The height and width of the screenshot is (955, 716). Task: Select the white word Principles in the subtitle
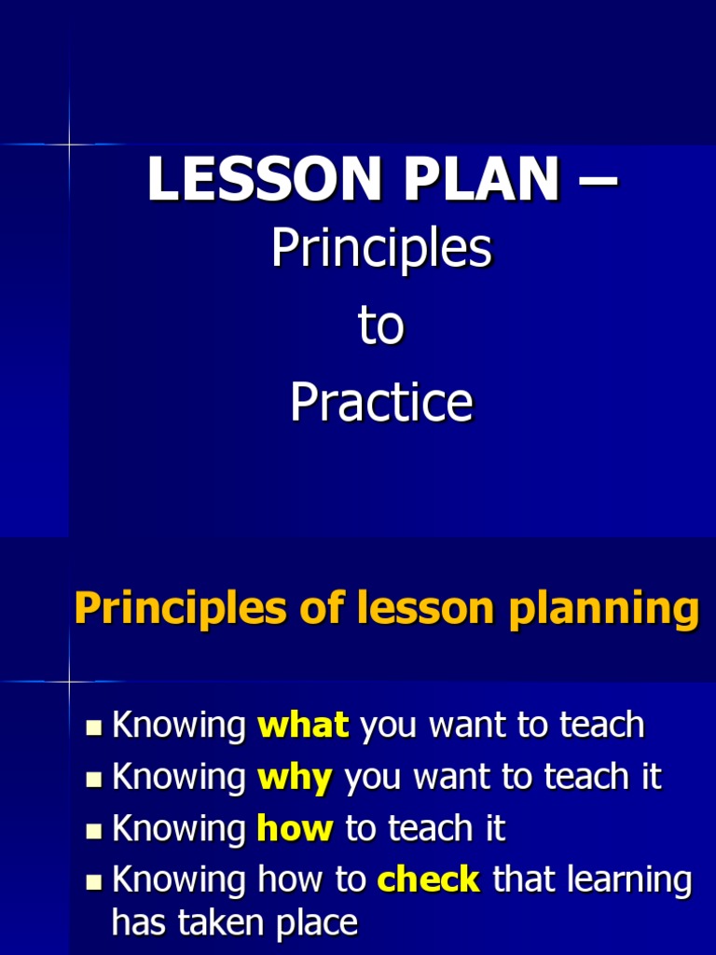pyautogui.click(x=380, y=250)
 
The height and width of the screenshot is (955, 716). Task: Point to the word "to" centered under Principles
pyautogui.click(x=380, y=326)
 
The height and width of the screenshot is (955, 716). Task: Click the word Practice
pyautogui.click(x=380, y=403)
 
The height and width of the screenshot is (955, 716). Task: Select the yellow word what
pyautogui.click(x=303, y=725)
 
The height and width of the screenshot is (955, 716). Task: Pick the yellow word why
pyautogui.click(x=294, y=777)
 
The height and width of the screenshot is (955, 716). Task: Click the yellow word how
pyautogui.click(x=294, y=828)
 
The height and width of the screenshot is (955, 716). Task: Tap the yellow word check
pyautogui.click(x=429, y=879)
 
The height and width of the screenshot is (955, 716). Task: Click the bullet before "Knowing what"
pyautogui.click(x=93, y=727)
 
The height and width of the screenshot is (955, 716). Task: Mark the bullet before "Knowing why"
pyautogui.click(x=93, y=779)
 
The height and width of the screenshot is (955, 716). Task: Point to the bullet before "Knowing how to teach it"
pyautogui.click(x=93, y=830)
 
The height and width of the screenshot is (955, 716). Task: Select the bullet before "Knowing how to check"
pyautogui.click(x=93, y=881)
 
